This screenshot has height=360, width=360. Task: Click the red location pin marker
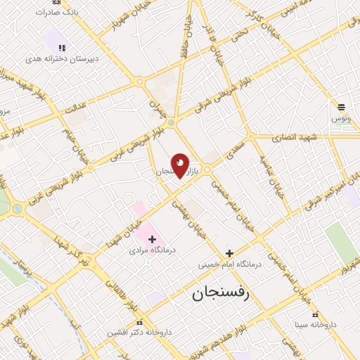[x=180, y=165]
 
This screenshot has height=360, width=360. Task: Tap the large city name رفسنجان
[x=220, y=294]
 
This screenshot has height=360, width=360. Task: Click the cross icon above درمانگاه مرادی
[x=152, y=239]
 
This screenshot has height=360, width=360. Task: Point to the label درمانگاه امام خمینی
[x=229, y=264]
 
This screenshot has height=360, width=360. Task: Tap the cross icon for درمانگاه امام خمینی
[x=229, y=253]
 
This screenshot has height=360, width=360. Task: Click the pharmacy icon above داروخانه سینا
[x=315, y=314]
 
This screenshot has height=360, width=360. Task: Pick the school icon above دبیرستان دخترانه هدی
[x=62, y=48]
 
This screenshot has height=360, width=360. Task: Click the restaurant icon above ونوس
[x=341, y=107]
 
